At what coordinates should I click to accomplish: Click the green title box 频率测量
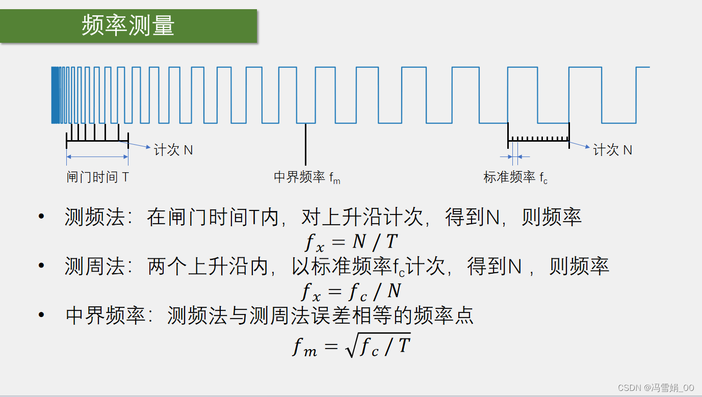coord(128,25)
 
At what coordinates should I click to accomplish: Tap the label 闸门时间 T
coord(97,177)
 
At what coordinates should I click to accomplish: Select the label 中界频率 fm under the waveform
coord(307,177)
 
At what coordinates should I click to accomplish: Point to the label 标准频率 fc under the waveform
coord(515,177)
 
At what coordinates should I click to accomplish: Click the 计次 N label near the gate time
coord(173,150)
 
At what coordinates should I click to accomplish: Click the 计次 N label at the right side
coord(612,150)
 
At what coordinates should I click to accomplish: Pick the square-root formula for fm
coord(351,345)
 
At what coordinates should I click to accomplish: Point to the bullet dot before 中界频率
coord(41,315)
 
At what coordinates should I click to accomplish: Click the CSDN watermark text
coord(656,388)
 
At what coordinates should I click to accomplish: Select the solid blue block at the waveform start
coord(55,95)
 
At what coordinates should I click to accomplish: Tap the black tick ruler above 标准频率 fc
coord(538,139)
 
